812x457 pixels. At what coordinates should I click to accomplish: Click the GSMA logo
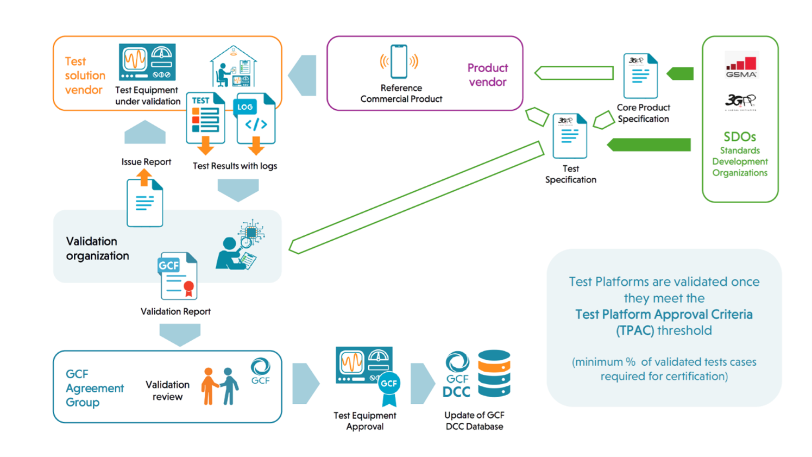[x=741, y=66]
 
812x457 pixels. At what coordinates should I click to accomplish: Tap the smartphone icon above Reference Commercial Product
[x=399, y=61]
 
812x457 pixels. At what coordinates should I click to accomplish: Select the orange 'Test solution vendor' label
[x=84, y=76]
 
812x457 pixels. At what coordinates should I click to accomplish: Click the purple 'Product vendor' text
[x=487, y=75]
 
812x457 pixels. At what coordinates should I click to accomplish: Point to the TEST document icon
[x=205, y=118]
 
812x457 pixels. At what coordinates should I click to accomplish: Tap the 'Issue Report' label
[x=146, y=162]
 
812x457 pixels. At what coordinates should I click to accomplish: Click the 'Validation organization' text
[x=97, y=248]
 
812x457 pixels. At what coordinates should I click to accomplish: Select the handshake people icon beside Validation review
[x=219, y=386]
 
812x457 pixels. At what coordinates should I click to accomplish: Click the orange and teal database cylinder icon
[x=494, y=373]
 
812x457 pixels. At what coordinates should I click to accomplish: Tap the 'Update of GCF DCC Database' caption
[x=474, y=421]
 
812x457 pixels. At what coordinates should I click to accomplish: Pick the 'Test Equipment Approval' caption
[x=364, y=421]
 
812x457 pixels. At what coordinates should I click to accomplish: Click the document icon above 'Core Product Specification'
[x=640, y=76]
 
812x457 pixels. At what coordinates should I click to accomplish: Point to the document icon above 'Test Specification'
[x=570, y=136]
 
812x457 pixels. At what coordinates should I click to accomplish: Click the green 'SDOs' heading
[x=740, y=137]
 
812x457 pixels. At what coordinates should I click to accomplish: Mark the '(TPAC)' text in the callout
[x=634, y=331]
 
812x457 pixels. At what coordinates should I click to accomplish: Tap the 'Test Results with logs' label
[x=235, y=166]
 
